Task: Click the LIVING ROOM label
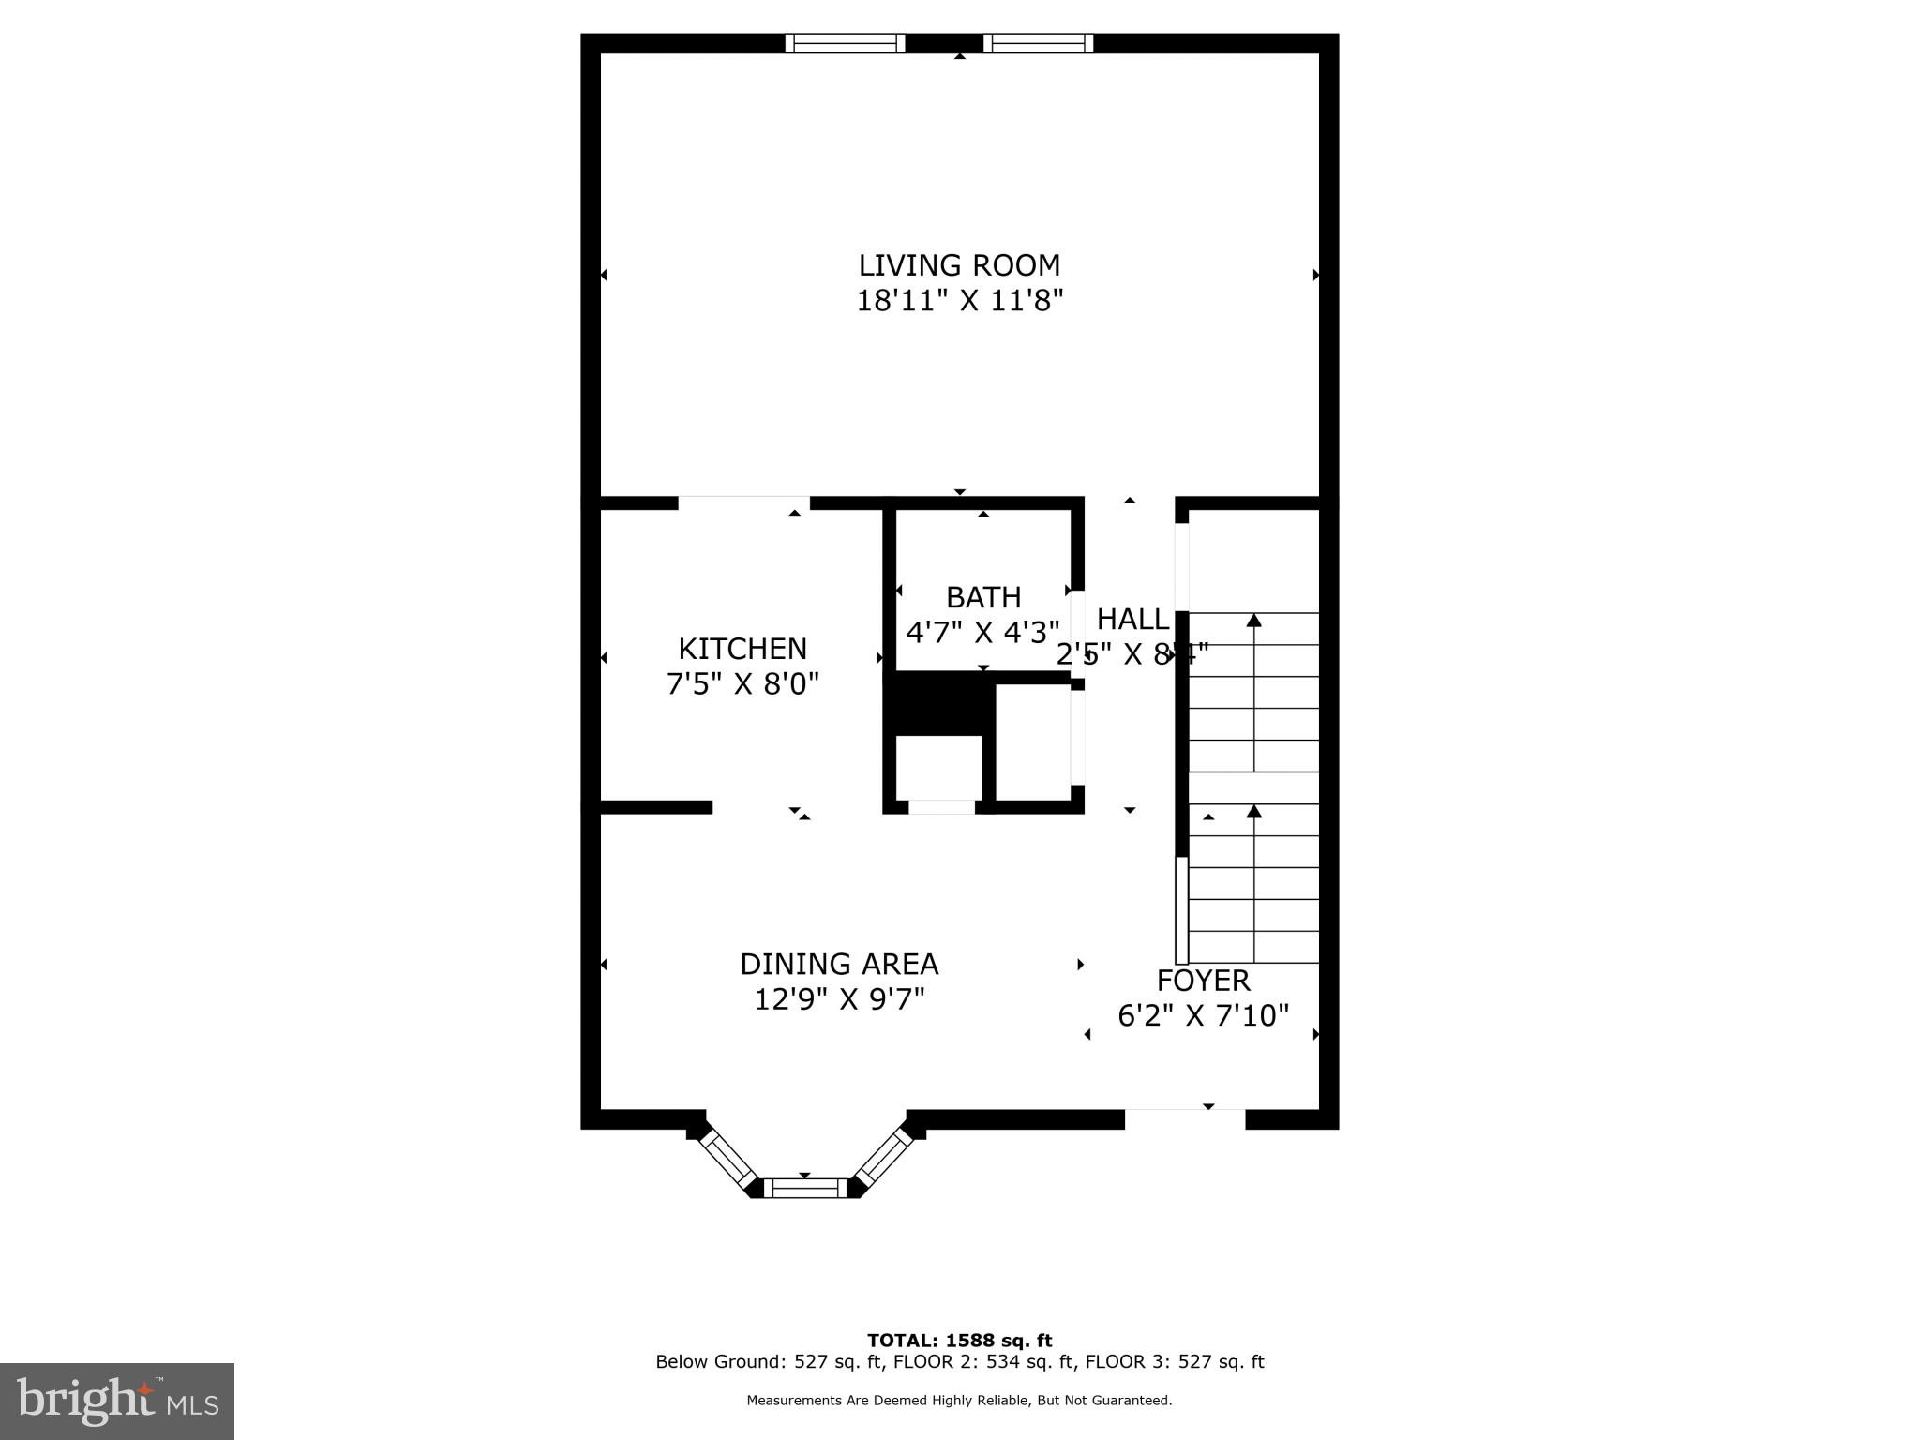coord(959,265)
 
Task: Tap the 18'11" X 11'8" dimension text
coord(959,301)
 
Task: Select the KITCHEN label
coord(742,649)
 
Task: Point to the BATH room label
coord(983,597)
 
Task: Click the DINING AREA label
coord(839,964)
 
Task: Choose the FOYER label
coord(1203,981)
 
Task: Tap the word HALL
coord(1132,620)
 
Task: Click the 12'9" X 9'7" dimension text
coord(839,999)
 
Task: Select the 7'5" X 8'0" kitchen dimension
coord(742,684)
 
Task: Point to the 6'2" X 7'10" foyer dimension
coord(1203,1015)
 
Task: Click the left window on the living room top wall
coord(845,43)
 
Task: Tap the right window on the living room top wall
coord(1038,43)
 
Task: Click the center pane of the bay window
coord(805,1189)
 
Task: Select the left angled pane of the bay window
coord(729,1159)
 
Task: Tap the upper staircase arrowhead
coord(1253,620)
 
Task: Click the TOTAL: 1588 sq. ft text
coord(959,1341)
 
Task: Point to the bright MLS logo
coord(116,1401)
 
